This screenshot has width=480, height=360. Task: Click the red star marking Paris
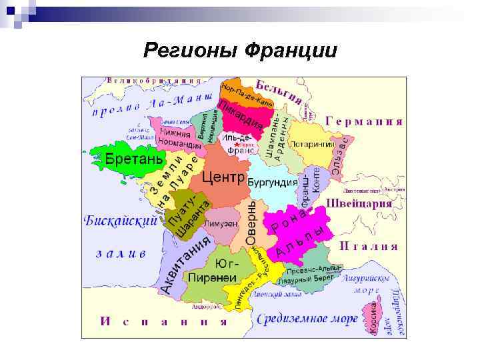pos(237,145)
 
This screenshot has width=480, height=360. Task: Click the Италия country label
pos(369,246)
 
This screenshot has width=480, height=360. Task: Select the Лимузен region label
pos(221,224)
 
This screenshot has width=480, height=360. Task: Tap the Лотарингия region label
pos(311,143)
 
